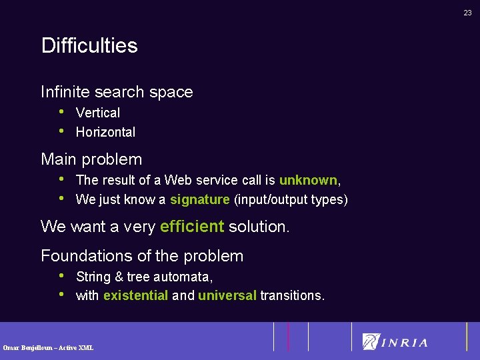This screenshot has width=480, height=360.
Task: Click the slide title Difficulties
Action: tap(89, 45)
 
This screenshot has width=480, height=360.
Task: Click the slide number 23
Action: tap(467, 12)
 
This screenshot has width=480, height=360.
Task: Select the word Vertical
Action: tap(98, 113)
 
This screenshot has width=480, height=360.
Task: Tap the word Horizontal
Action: tap(105, 132)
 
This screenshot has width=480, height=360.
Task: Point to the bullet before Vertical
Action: tap(61, 111)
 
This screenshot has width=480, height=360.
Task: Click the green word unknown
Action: tap(308, 180)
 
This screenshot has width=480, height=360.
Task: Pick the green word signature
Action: tap(200, 199)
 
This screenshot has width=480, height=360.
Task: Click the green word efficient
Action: tap(192, 227)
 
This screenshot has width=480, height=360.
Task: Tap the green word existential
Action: tap(135, 295)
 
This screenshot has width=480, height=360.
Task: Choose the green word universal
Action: tap(227, 295)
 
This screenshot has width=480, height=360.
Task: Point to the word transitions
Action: tap(292, 295)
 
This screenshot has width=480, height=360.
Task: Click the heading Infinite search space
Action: tap(117, 92)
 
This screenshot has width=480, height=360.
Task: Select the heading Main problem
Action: tap(91, 159)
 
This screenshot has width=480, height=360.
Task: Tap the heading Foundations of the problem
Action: tap(142, 256)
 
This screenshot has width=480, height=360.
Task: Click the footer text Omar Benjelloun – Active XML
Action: tap(48, 347)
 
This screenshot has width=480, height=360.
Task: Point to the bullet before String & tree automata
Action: tap(61, 275)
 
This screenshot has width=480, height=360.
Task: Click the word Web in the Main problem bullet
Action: tap(177, 180)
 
